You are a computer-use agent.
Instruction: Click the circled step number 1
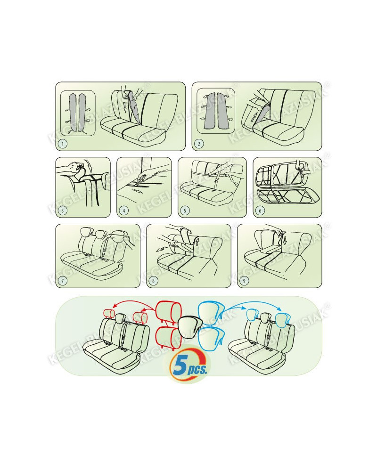(x=63, y=144)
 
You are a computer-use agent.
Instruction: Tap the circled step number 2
(x=199, y=144)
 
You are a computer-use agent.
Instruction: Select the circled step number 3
(x=63, y=210)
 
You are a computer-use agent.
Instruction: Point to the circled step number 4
(x=124, y=210)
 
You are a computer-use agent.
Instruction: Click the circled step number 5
(x=185, y=210)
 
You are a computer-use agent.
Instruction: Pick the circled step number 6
(x=260, y=210)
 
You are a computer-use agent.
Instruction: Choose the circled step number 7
(x=63, y=281)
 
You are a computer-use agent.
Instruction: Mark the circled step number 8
(x=153, y=281)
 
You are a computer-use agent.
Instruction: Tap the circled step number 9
(x=244, y=281)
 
